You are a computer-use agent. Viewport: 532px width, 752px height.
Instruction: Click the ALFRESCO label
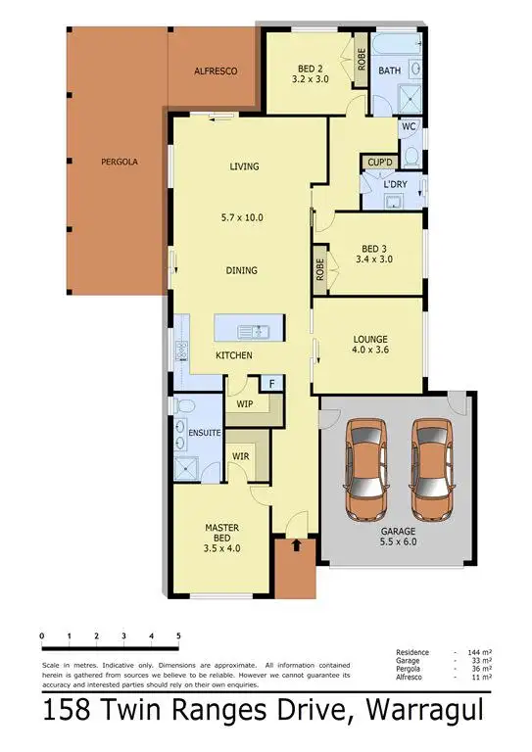(x=216, y=71)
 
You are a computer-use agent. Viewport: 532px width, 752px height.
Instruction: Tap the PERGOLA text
(x=121, y=162)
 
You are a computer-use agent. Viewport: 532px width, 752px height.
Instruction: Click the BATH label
(x=390, y=70)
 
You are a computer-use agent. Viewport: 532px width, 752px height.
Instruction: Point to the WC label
(x=409, y=126)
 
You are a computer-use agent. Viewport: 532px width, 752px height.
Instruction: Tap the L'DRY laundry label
(x=396, y=184)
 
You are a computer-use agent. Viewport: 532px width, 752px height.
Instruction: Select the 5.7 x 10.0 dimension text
(x=244, y=217)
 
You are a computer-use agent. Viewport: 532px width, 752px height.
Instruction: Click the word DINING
(x=242, y=270)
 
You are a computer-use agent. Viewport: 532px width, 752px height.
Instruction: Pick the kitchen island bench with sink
(x=248, y=328)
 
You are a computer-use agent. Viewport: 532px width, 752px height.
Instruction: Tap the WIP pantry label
(x=245, y=402)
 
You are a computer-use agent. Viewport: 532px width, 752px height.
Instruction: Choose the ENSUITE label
(x=205, y=432)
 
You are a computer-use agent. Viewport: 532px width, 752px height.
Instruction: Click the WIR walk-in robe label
(x=240, y=455)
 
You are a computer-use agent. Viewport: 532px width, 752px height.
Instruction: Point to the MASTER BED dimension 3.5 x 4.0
(x=222, y=548)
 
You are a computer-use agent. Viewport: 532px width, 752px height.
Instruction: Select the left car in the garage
(x=365, y=468)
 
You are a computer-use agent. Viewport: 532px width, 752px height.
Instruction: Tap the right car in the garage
(x=431, y=468)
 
